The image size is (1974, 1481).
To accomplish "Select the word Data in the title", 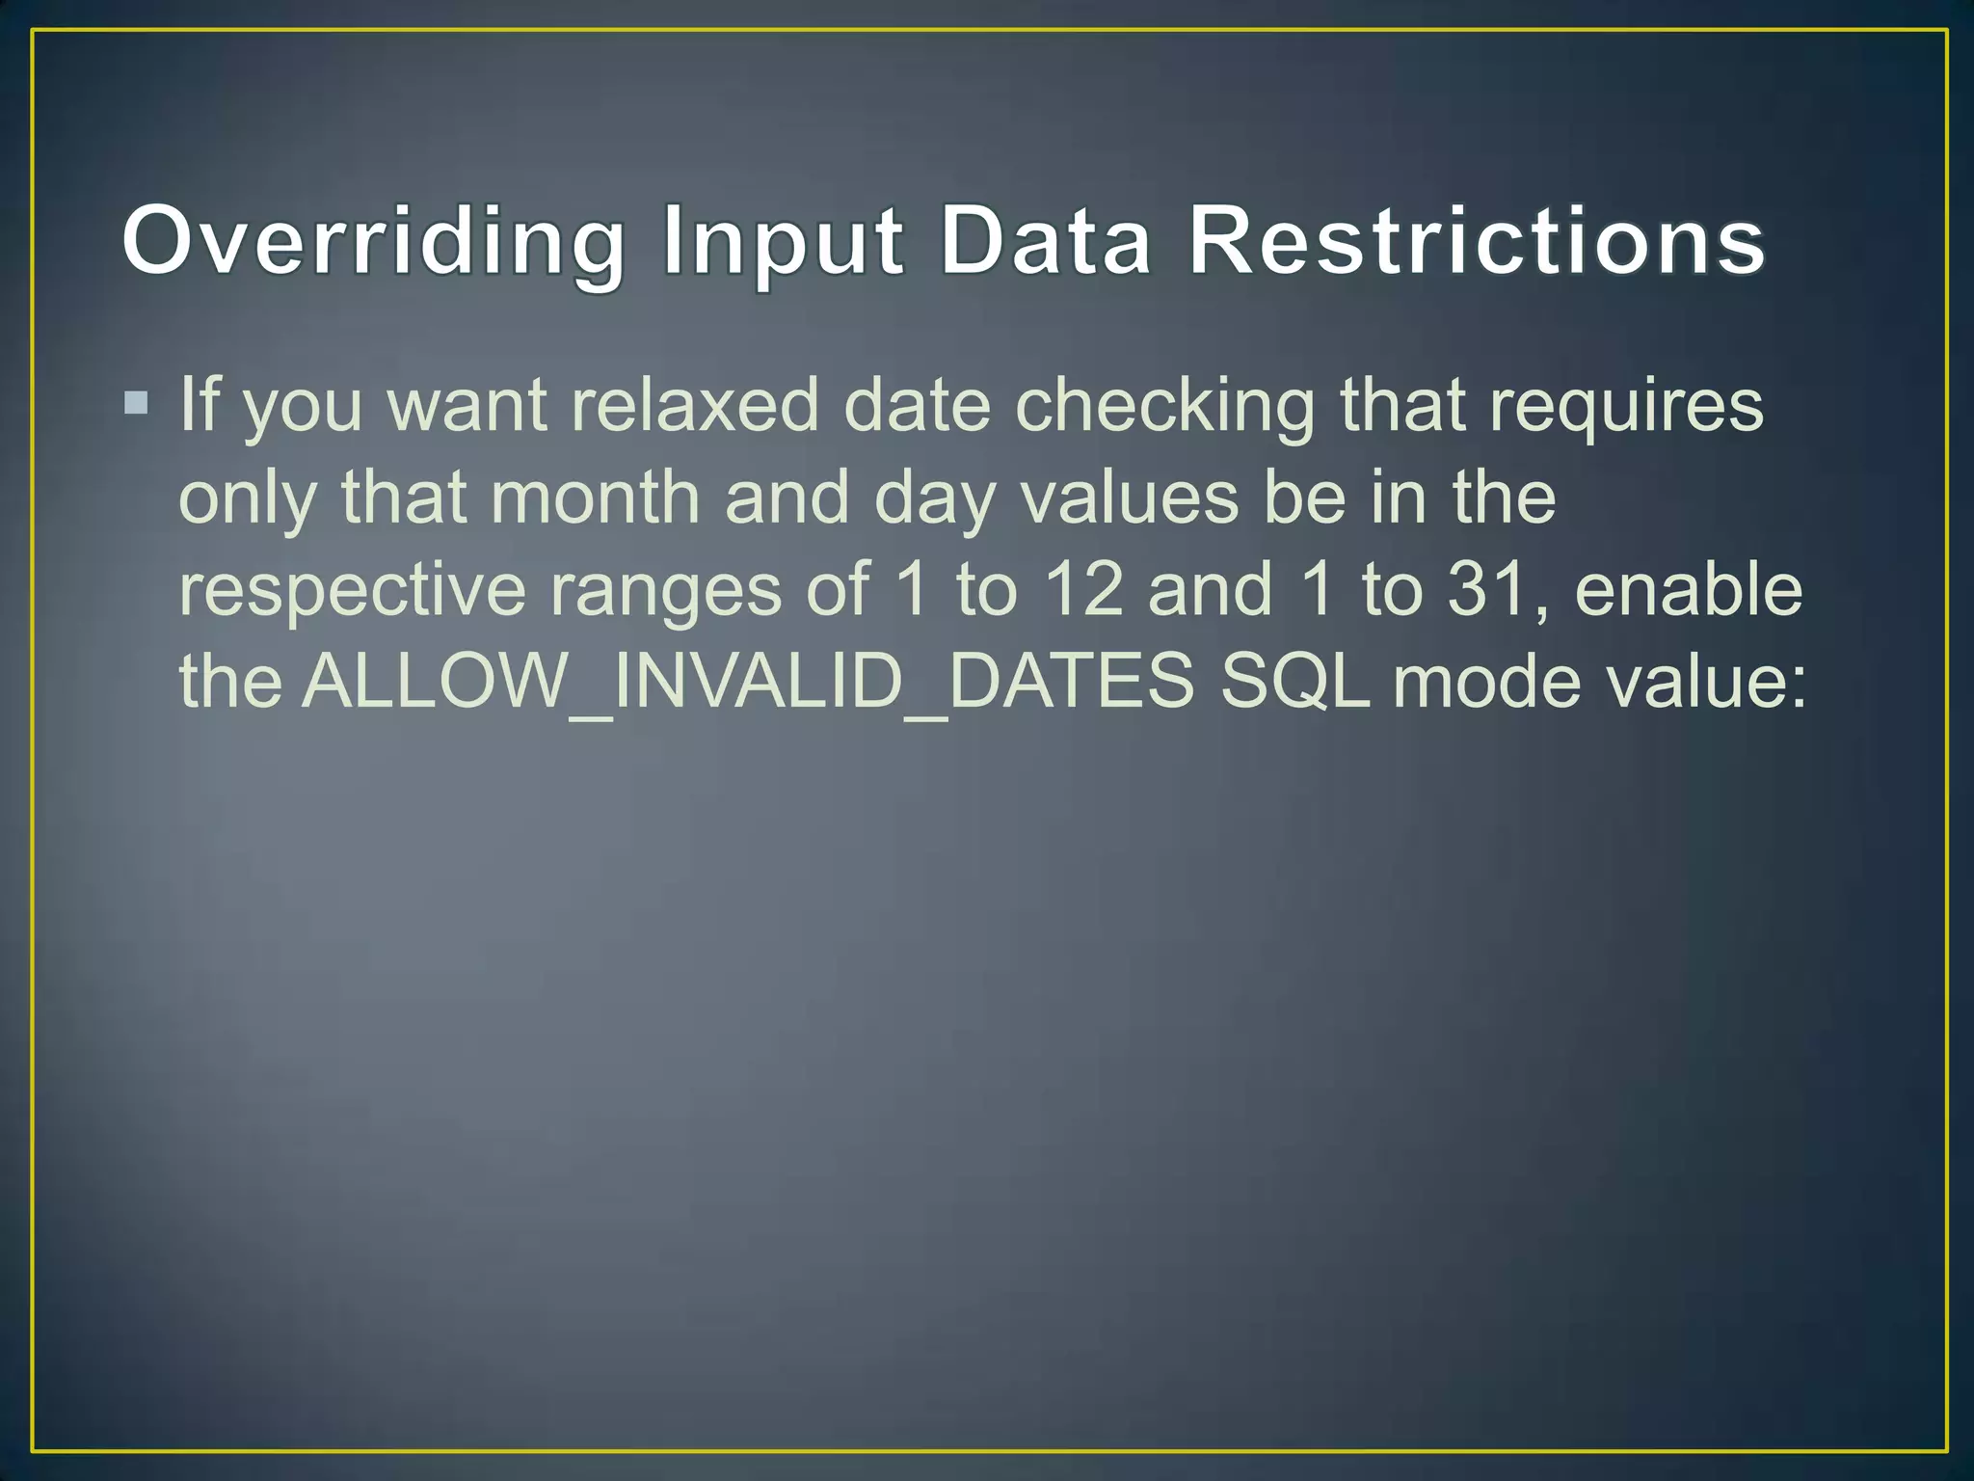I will pyautogui.click(x=1045, y=241).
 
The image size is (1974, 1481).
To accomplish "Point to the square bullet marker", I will pyautogui.click(x=136, y=401).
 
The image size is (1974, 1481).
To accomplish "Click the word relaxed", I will pyautogui.click(x=694, y=405).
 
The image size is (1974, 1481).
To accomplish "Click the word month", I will pyautogui.click(x=595, y=498).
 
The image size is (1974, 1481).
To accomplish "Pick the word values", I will pyautogui.click(x=1129, y=498).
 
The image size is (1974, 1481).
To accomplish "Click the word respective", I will pyautogui.click(x=352, y=590).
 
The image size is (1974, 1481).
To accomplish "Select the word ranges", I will pyautogui.click(x=665, y=590).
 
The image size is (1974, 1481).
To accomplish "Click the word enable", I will pyautogui.click(x=1688, y=590).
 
